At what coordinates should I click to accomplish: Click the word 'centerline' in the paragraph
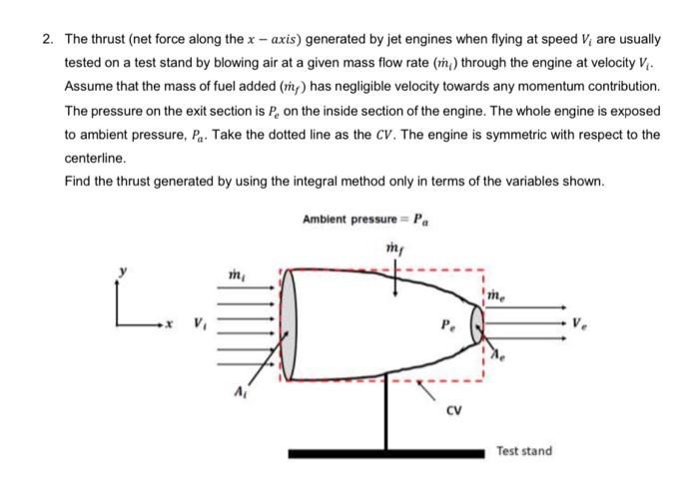pyautogui.click(x=92, y=158)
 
